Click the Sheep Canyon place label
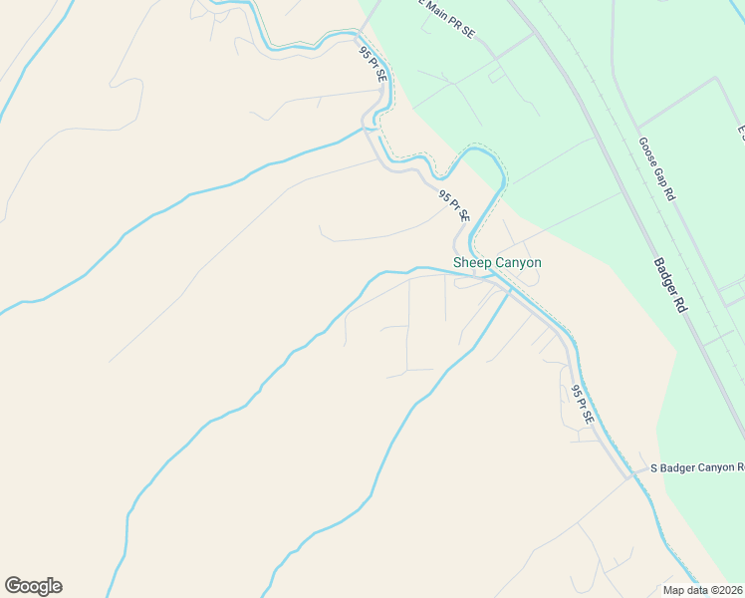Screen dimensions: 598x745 point(497,263)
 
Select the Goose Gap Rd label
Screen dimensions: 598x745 point(656,169)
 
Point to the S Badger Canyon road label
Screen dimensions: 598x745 point(696,466)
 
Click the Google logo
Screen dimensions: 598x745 point(33,586)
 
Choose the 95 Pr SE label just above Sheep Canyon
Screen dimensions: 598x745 point(454,206)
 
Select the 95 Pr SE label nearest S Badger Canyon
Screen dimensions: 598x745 point(582,405)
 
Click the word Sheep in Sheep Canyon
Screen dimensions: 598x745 point(472,263)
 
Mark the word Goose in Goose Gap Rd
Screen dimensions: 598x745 point(647,151)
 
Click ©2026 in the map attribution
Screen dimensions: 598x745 point(723,590)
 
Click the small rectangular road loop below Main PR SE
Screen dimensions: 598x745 point(496,75)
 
